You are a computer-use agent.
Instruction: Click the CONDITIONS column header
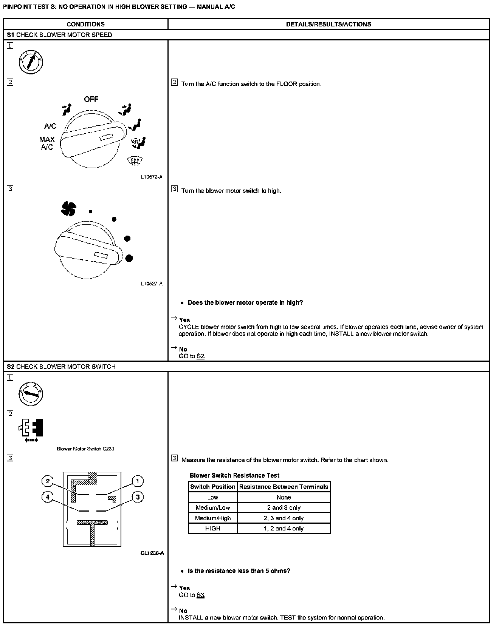tap(85, 24)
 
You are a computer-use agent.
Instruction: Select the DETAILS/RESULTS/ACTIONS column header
tap(328, 24)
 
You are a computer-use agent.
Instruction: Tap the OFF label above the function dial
tap(91, 99)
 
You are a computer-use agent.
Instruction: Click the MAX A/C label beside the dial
tap(47, 143)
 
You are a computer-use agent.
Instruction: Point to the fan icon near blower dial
tap(69, 209)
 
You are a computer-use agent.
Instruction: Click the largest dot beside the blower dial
tap(129, 258)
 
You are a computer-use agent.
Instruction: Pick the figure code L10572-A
tap(152, 177)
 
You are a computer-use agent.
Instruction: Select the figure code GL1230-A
tap(152, 553)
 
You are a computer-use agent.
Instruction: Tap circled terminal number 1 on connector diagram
tap(138, 481)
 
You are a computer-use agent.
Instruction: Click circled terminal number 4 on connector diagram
tap(48, 497)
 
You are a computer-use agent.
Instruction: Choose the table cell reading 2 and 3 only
tap(284, 507)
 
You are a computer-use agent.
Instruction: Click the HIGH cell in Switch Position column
tap(213, 528)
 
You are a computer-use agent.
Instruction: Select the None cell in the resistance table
tap(284, 497)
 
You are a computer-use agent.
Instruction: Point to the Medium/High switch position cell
tap(213, 518)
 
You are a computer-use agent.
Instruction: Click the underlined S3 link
tap(201, 595)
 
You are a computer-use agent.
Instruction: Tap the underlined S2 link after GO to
tap(201, 356)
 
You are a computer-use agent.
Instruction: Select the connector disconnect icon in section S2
tap(31, 430)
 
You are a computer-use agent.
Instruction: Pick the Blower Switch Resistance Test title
tap(234, 475)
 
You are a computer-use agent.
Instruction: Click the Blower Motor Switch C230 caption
tap(85, 449)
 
